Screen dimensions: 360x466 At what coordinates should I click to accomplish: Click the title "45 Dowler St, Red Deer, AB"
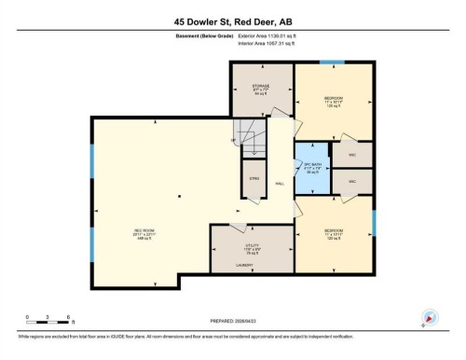(232, 18)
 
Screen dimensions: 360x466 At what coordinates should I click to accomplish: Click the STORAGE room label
(260, 88)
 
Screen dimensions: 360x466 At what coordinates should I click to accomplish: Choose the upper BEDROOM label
(333, 99)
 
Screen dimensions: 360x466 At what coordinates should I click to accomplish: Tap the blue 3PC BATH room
(313, 168)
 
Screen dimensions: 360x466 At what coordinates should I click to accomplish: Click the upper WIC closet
(352, 154)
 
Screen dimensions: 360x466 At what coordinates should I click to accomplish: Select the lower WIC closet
(352, 181)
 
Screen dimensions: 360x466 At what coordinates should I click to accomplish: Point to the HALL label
(280, 184)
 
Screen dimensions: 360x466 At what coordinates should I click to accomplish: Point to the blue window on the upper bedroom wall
(332, 62)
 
